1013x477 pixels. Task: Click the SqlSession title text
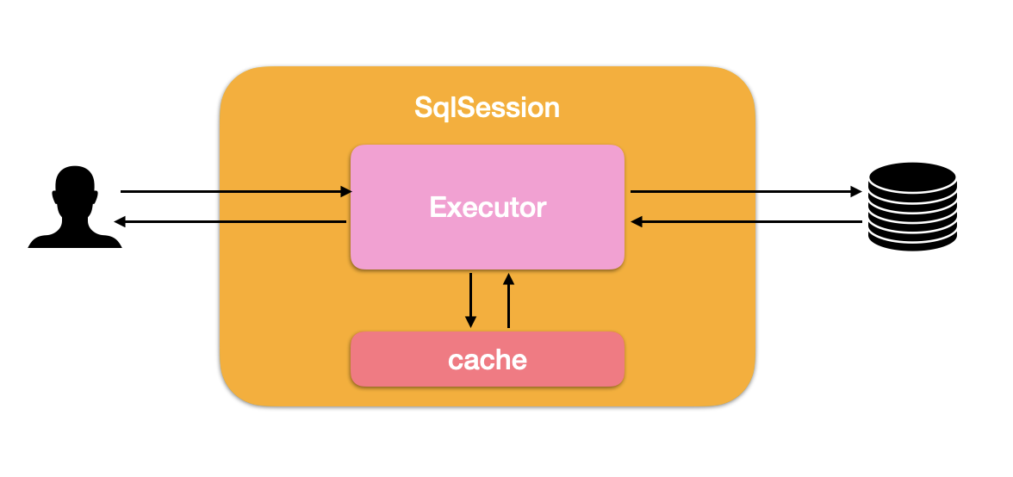488,108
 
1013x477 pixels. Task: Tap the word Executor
488,208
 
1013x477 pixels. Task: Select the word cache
488,360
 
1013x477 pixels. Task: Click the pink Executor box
488,207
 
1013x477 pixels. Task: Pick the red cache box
488,359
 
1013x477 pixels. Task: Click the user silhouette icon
75,207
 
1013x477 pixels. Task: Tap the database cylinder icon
912,207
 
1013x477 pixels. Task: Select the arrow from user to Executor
236,191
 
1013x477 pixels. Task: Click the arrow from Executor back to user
230,221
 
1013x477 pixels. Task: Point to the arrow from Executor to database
746,191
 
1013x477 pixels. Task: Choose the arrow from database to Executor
746,221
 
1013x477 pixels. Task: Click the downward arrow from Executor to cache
470,300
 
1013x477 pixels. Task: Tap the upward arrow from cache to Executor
508,300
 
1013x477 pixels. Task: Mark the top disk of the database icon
912,177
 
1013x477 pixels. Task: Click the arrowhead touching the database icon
856,191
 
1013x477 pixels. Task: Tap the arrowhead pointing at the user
120,221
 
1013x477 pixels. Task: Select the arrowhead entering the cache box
470,322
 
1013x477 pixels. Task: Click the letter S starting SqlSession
423,107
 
